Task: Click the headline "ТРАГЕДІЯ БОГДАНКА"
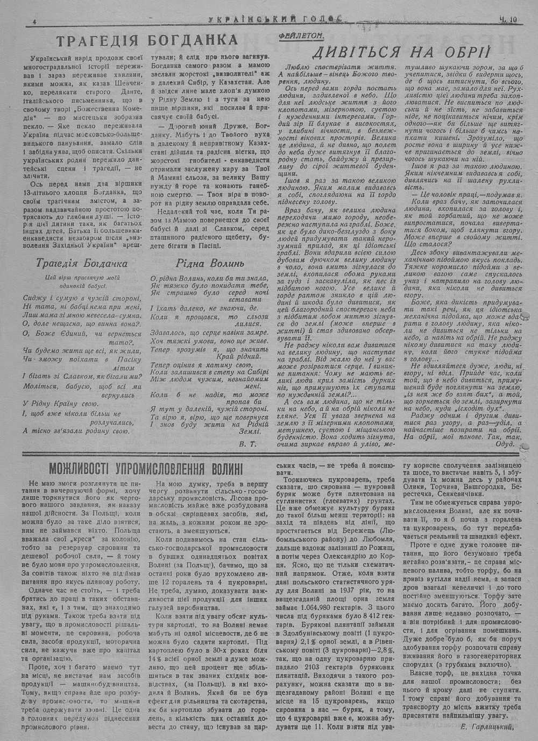coord(147,41)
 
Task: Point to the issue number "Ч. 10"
coord(507,20)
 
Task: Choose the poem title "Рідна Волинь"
coord(210,263)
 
